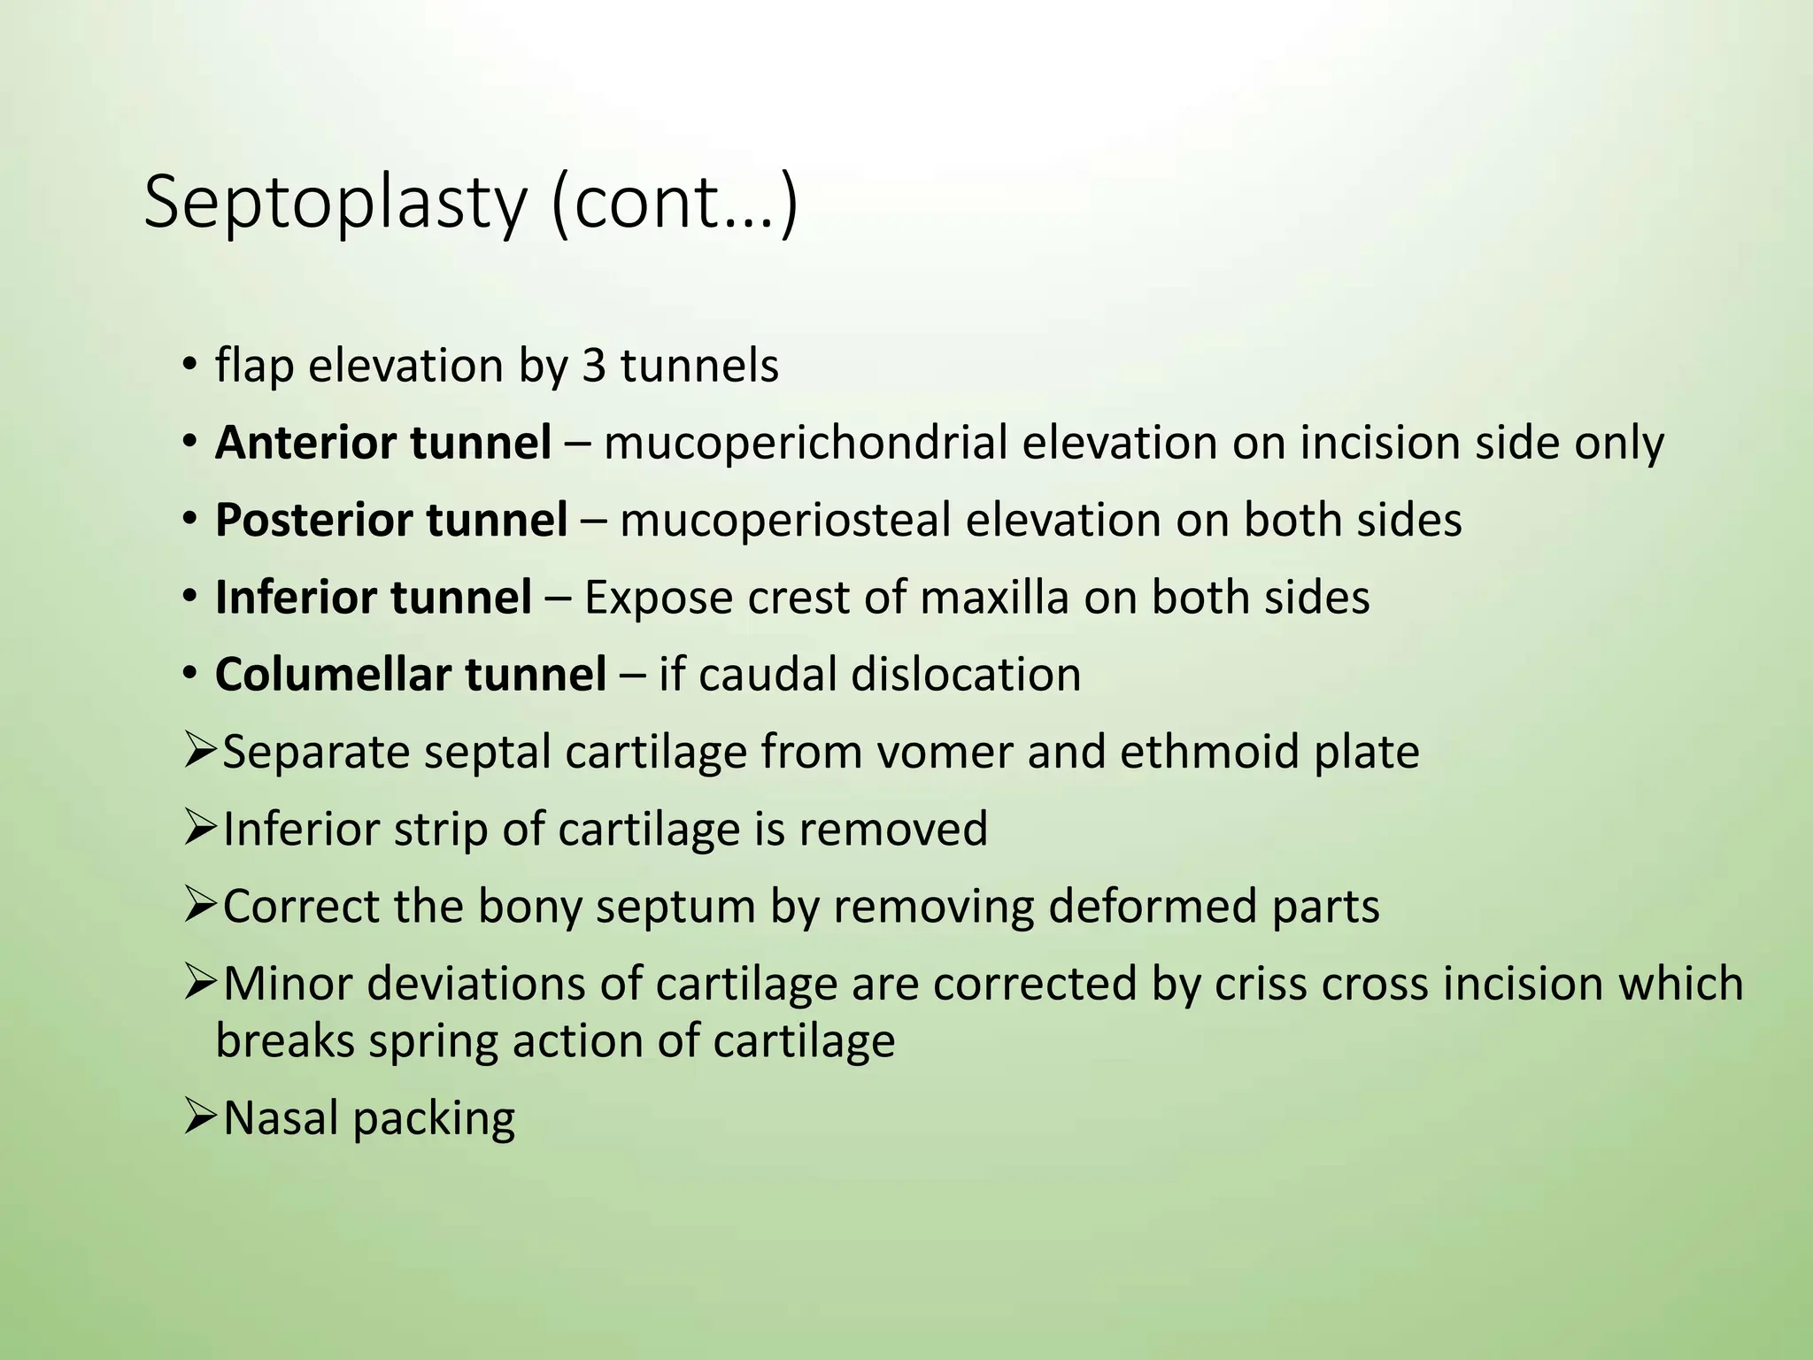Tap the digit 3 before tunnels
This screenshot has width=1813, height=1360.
pyautogui.click(x=594, y=366)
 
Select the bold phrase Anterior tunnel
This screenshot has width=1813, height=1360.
pyautogui.click(x=383, y=443)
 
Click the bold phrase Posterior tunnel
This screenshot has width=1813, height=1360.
pyautogui.click(x=391, y=520)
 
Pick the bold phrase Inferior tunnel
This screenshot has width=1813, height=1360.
pyautogui.click(x=374, y=597)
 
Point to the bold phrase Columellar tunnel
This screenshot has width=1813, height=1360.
pyautogui.click(x=411, y=675)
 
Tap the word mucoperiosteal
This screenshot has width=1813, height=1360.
pyautogui.click(x=786, y=520)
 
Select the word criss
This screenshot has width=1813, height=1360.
pyautogui.click(x=1261, y=984)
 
